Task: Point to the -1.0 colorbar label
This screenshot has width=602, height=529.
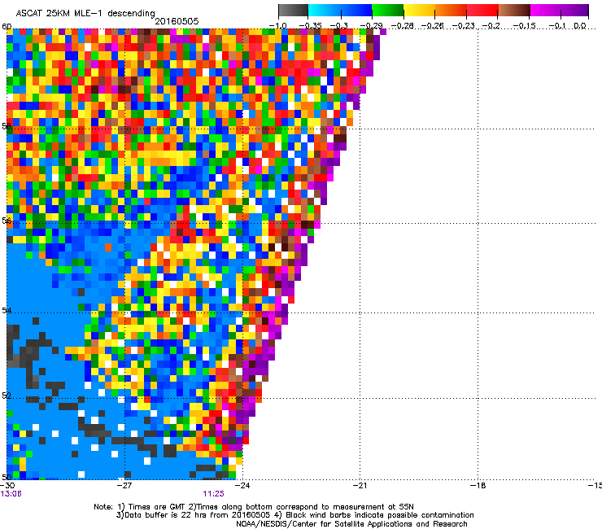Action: pos(278,26)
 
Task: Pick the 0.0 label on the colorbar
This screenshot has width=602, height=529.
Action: pos(580,26)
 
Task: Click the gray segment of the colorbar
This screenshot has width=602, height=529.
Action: pos(294,11)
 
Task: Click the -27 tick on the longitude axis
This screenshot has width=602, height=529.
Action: pos(124,485)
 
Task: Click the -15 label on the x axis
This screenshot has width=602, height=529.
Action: pos(595,485)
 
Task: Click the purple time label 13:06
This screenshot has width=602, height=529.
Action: pos(11,493)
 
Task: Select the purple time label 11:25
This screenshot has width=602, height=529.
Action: pos(213,493)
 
